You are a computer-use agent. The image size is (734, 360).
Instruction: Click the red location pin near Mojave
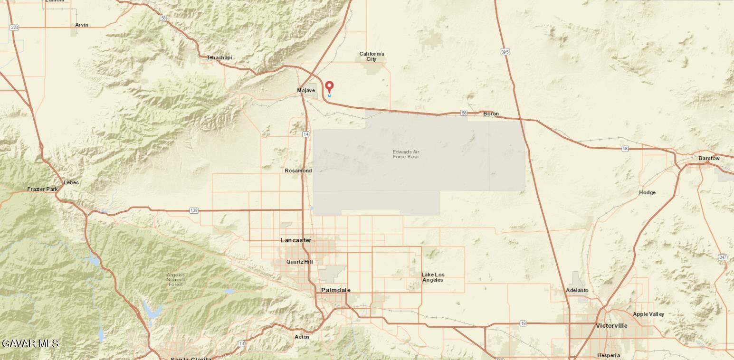point(329,87)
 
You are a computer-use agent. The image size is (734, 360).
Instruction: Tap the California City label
point(372,56)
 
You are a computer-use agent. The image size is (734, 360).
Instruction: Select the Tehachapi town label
point(219,57)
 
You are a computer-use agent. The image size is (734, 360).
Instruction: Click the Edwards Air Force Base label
point(406,154)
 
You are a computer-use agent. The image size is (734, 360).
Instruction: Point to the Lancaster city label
point(296,240)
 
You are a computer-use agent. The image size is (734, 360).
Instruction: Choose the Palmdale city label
point(335,290)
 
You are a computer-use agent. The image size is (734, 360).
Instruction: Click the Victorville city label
point(611,325)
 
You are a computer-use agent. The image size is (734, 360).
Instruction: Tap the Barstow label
point(709,158)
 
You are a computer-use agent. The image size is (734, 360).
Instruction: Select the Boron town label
point(491,114)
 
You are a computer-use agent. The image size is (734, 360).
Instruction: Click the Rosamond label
point(298,171)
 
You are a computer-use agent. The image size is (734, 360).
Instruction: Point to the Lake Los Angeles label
point(433,277)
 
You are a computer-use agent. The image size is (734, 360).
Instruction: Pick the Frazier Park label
point(42,189)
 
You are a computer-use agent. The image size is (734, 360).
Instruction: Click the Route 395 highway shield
point(505,51)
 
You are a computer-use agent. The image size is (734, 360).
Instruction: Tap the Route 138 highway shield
point(194,210)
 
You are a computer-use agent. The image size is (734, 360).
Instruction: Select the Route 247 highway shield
point(723,257)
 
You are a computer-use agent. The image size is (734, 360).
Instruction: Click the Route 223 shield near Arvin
point(14,28)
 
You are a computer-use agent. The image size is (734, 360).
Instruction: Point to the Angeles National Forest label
point(176,279)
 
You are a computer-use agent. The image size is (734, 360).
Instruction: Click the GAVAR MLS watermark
point(30,343)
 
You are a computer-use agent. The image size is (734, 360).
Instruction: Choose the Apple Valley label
point(648,314)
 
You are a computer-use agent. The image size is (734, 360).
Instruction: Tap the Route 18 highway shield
point(523,323)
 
